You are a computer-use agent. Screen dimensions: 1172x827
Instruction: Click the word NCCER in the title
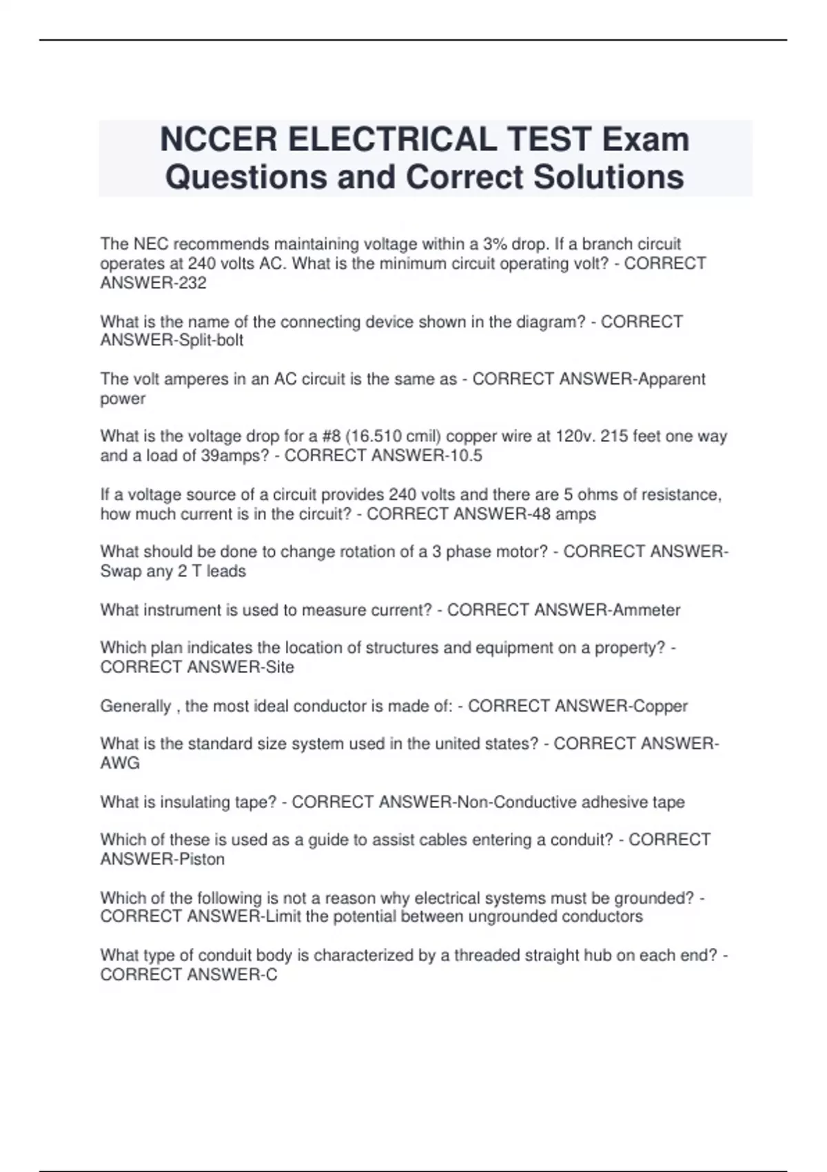coord(218,139)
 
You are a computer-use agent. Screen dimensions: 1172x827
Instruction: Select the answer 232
coord(192,283)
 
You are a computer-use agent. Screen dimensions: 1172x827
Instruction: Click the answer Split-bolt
coord(211,341)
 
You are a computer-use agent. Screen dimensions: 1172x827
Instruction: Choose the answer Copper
coord(660,707)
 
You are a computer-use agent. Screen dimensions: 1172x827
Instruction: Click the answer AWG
coord(120,763)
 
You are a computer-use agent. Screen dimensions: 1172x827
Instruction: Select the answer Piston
coord(201,860)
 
